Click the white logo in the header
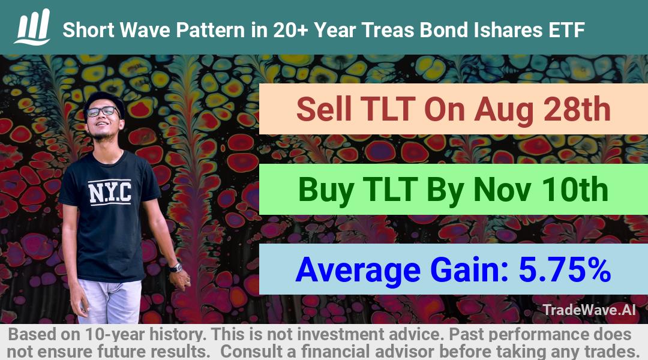tap(32, 27)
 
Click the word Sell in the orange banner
tap(323, 109)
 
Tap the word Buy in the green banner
tap(326, 191)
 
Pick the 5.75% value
tap(565, 269)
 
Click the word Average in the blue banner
tap(358, 270)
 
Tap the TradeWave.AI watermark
tap(589, 310)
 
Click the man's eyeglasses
tap(102, 112)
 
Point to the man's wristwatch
tap(176, 268)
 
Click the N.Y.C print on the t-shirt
tap(110, 192)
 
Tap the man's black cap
tap(104, 101)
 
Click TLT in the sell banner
tap(388, 109)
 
